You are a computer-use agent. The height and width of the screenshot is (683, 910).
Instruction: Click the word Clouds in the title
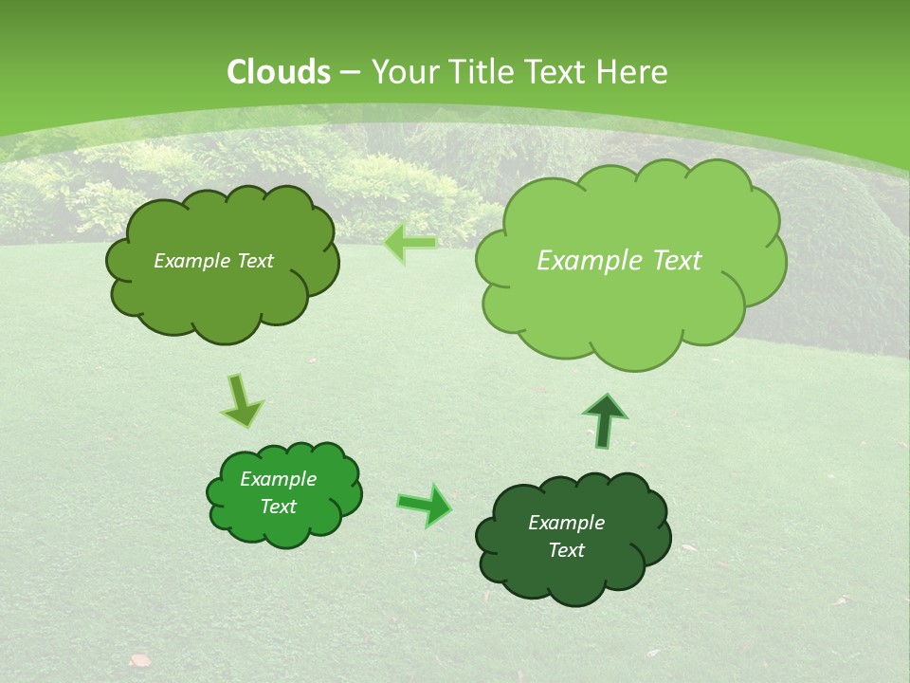tap(279, 72)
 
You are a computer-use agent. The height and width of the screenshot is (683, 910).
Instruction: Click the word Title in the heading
tap(484, 72)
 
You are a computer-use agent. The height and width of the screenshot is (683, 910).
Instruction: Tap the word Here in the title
tap(634, 72)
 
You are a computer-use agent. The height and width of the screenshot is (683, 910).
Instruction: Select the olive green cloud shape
tap(222, 263)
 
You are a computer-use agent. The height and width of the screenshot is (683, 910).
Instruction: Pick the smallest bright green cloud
tap(283, 494)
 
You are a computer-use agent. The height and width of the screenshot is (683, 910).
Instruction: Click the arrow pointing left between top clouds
tap(410, 243)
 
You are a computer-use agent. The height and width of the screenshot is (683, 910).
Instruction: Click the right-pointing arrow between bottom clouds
tap(425, 505)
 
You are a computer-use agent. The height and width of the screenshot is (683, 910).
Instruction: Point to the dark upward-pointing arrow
tap(605, 420)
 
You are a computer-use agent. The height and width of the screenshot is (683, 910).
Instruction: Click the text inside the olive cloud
tap(213, 261)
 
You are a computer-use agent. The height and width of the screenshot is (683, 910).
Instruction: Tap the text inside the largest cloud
tap(619, 261)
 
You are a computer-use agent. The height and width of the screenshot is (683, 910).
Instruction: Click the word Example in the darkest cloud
tap(566, 523)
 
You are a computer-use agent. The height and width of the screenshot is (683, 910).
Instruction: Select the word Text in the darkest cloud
tap(566, 550)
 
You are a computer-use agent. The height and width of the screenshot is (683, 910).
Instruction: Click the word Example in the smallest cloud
tap(278, 479)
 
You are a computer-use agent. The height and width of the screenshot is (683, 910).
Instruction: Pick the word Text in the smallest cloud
tap(278, 507)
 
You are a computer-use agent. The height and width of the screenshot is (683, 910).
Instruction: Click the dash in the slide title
tap(350, 72)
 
